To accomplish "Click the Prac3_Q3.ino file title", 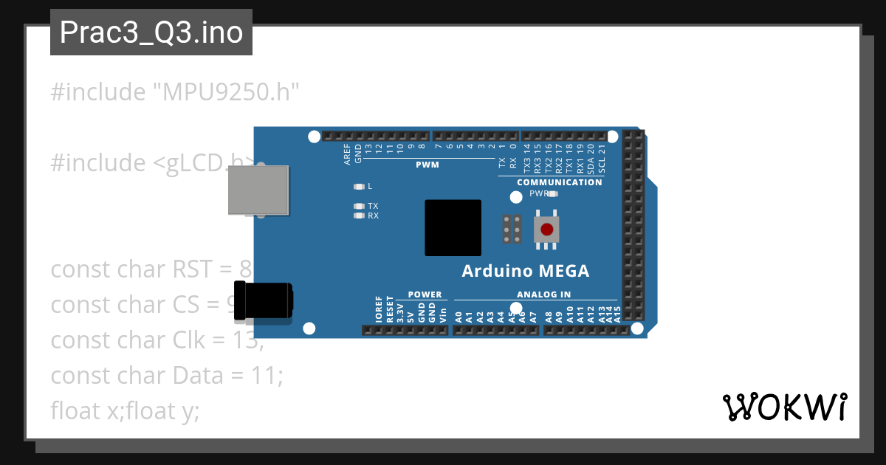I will pyautogui.click(x=151, y=32).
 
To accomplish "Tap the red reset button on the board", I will pyautogui.click(x=546, y=229).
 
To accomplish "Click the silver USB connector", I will pyautogui.click(x=258, y=190).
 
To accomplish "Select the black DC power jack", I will pyautogui.click(x=262, y=302).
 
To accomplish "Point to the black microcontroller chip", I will pyautogui.click(x=453, y=228).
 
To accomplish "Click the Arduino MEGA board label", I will pyautogui.click(x=526, y=271).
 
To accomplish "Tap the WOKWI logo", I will pyautogui.click(x=784, y=407).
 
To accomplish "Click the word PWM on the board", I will pyautogui.click(x=427, y=165).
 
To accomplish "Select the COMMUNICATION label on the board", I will pyautogui.click(x=559, y=182).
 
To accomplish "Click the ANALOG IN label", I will pyautogui.click(x=543, y=294).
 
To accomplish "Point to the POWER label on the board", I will pyautogui.click(x=425, y=294).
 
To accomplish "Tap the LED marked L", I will pyautogui.click(x=360, y=186).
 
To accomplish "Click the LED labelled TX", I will pyautogui.click(x=360, y=206).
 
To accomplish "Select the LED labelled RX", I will pyautogui.click(x=360, y=216).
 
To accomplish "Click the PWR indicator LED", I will pyautogui.click(x=553, y=194).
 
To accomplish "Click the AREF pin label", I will pyautogui.click(x=347, y=153).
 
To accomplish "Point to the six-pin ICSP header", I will pyautogui.click(x=512, y=229).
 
